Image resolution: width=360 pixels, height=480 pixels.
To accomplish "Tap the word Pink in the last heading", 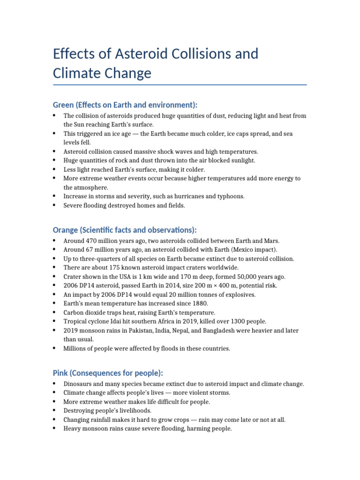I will tap(61, 373).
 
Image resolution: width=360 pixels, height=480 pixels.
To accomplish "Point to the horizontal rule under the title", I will tap(180, 85).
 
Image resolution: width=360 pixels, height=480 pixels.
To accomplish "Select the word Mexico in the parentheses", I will tap(247, 249).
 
